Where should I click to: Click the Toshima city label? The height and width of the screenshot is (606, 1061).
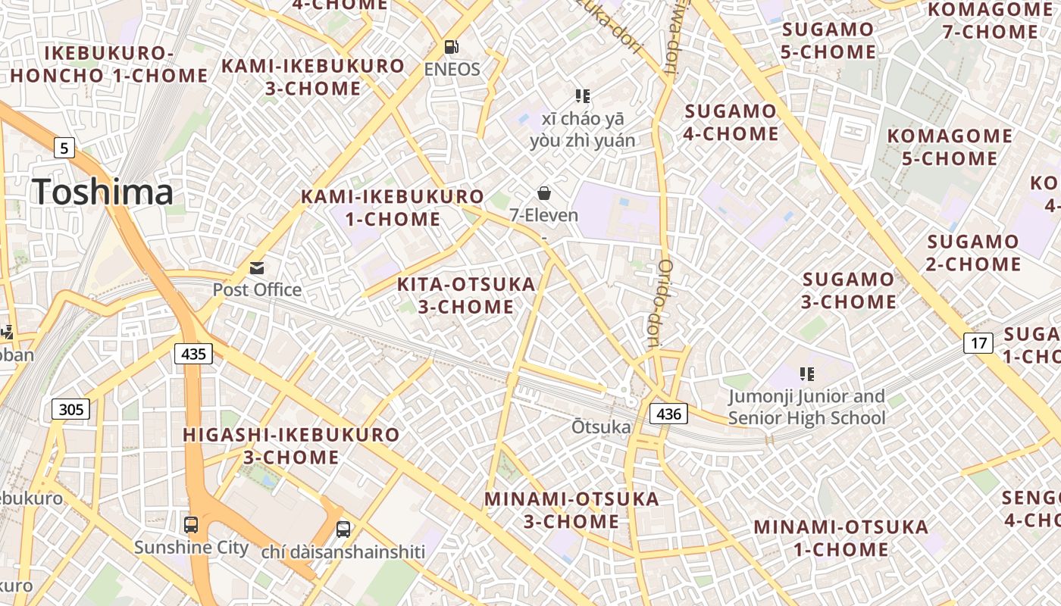click(102, 192)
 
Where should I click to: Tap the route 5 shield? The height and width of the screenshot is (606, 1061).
click(64, 148)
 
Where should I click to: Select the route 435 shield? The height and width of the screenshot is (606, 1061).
click(193, 353)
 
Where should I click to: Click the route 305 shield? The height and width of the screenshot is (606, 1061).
click(70, 410)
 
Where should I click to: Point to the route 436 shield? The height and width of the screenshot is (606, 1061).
click(668, 413)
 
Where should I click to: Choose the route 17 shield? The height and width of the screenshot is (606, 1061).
click(978, 343)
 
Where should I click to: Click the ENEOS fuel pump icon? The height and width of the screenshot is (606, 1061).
click(451, 47)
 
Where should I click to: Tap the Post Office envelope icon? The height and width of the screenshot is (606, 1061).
click(257, 267)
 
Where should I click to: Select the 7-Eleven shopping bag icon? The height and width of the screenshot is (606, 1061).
click(543, 193)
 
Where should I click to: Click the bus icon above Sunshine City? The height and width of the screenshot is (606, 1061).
click(191, 524)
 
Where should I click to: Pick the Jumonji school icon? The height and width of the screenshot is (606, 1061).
click(806, 373)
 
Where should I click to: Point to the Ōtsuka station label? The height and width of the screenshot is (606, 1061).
click(601, 427)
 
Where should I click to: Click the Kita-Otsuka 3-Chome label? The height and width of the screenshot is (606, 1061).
click(466, 295)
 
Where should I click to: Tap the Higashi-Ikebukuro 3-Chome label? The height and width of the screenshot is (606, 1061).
click(291, 445)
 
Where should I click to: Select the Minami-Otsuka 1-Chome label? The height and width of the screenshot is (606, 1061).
click(840, 538)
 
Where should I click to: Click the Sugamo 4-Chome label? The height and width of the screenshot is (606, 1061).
click(731, 123)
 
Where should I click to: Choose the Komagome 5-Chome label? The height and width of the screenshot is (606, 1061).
click(950, 147)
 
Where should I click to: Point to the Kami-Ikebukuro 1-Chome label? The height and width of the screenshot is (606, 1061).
click(393, 208)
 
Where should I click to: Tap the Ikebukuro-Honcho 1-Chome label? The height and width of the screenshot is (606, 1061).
click(108, 64)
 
